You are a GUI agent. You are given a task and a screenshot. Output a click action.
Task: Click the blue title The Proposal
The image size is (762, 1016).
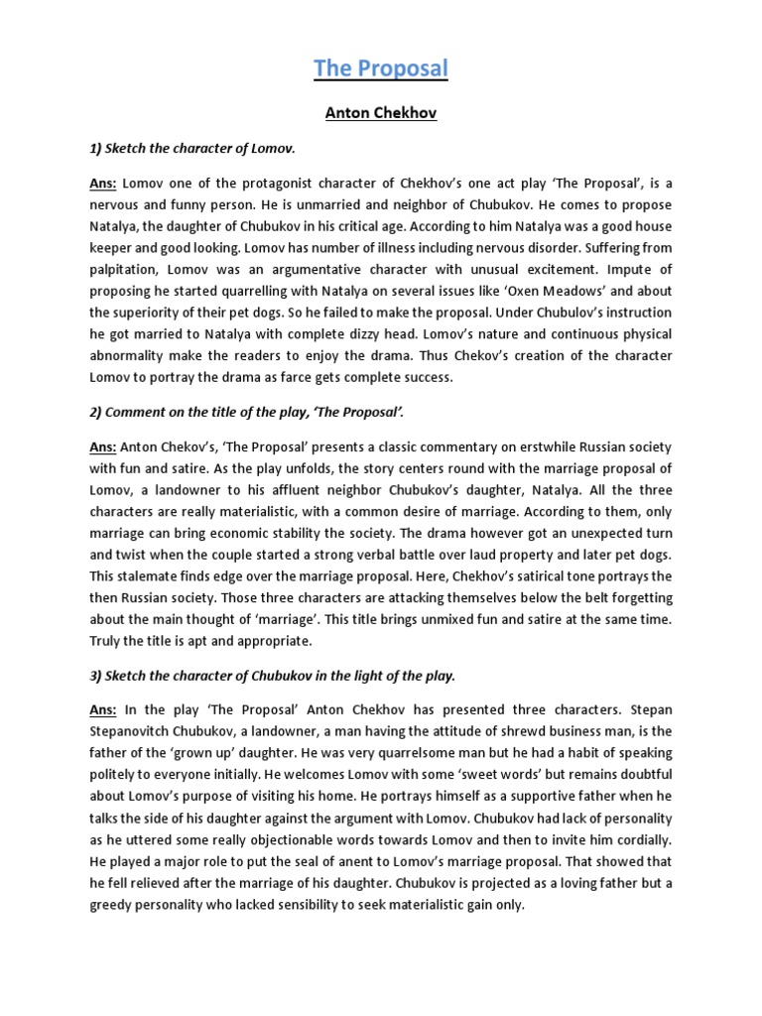pos(381,67)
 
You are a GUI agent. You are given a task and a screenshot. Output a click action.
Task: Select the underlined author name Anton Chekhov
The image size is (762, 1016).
pos(381,113)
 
